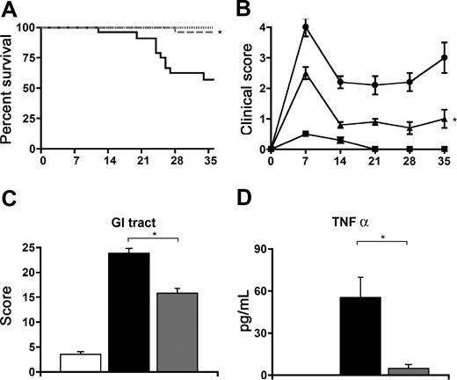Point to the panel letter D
coord(246,202)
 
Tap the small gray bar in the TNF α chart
coord(420,371)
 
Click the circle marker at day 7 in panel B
coord(306,27)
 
